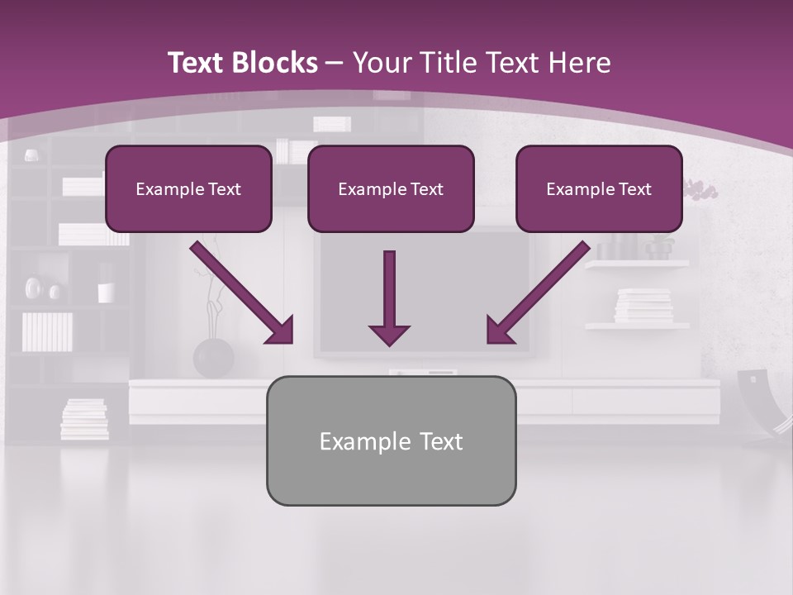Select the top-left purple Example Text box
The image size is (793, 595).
click(x=188, y=188)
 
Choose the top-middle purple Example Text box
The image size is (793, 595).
click(x=391, y=188)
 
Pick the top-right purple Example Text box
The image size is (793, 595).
click(x=599, y=188)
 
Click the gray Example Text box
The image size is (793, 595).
click(x=391, y=440)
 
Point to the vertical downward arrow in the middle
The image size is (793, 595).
click(x=389, y=297)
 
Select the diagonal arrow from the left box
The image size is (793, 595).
click(x=242, y=293)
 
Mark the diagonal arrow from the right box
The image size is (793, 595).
click(x=538, y=293)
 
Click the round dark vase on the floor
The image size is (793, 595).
click(x=213, y=357)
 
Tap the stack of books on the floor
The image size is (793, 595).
click(x=84, y=419)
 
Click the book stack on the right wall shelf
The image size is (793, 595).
click(x=643, y=305)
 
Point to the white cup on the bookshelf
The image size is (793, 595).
click(x=106, y=293)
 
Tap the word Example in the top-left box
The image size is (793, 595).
click(x=164, y=188)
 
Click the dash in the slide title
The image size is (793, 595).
click(x=335, y=63)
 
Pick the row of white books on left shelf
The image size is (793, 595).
click(x=46, y=331)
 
